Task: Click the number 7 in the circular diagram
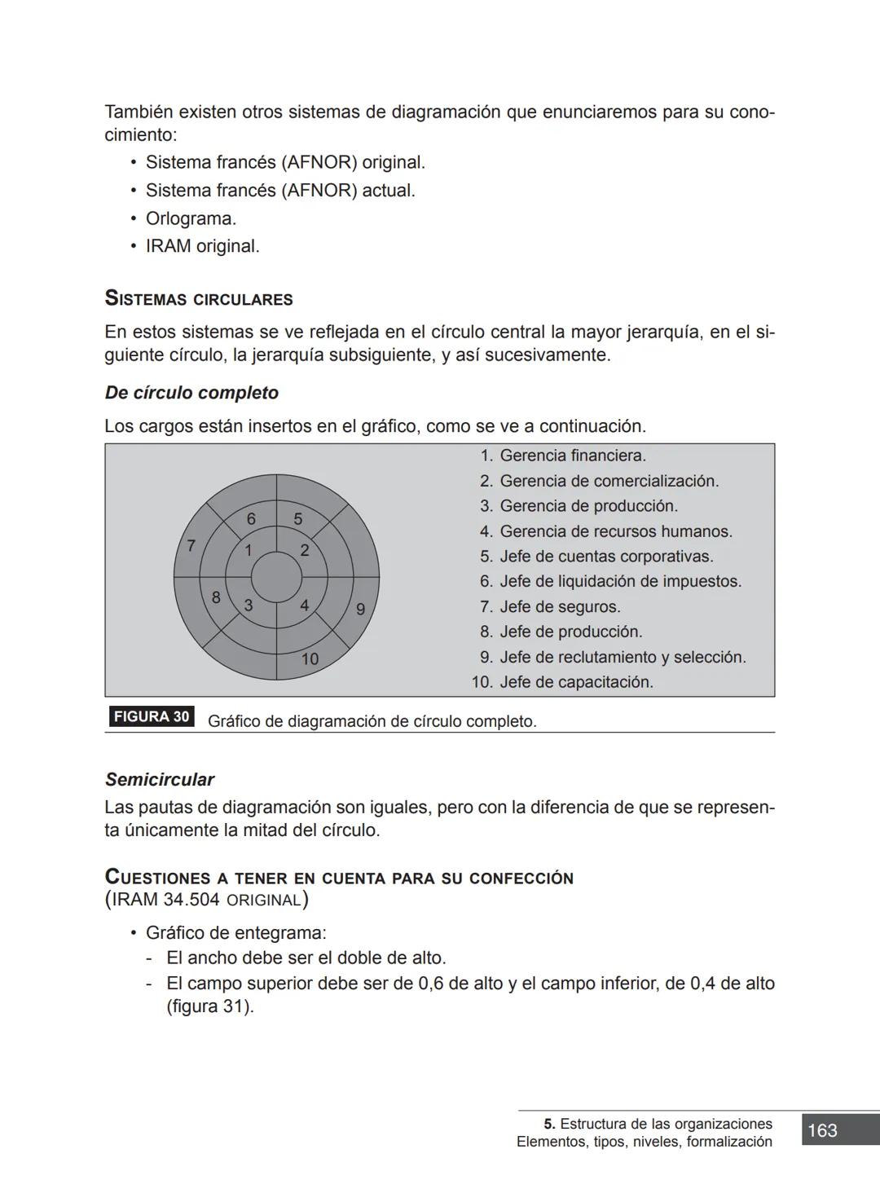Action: coord(191,546)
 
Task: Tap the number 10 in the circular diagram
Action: coord(310,659)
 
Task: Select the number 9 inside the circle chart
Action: coord(360,609)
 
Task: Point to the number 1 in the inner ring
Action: coord(249,550)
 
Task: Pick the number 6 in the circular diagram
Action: coord(251,519)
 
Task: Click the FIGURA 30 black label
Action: coord(152,717)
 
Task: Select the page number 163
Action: coord(822,1130)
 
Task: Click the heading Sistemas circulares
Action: coord(199,299)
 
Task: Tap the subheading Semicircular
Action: coord(160,780)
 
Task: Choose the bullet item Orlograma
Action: coord(191,218)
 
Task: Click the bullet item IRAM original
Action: coord(202,246)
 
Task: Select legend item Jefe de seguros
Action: coord(559,607)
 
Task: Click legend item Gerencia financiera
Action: coord(572,456)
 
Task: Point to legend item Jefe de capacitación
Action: coord(575,682)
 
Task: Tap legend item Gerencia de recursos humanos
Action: coord(615,531)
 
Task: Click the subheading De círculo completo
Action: coord(191,393)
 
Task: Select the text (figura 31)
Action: coord(210,1006)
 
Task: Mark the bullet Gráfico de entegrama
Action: coord(235,933)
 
